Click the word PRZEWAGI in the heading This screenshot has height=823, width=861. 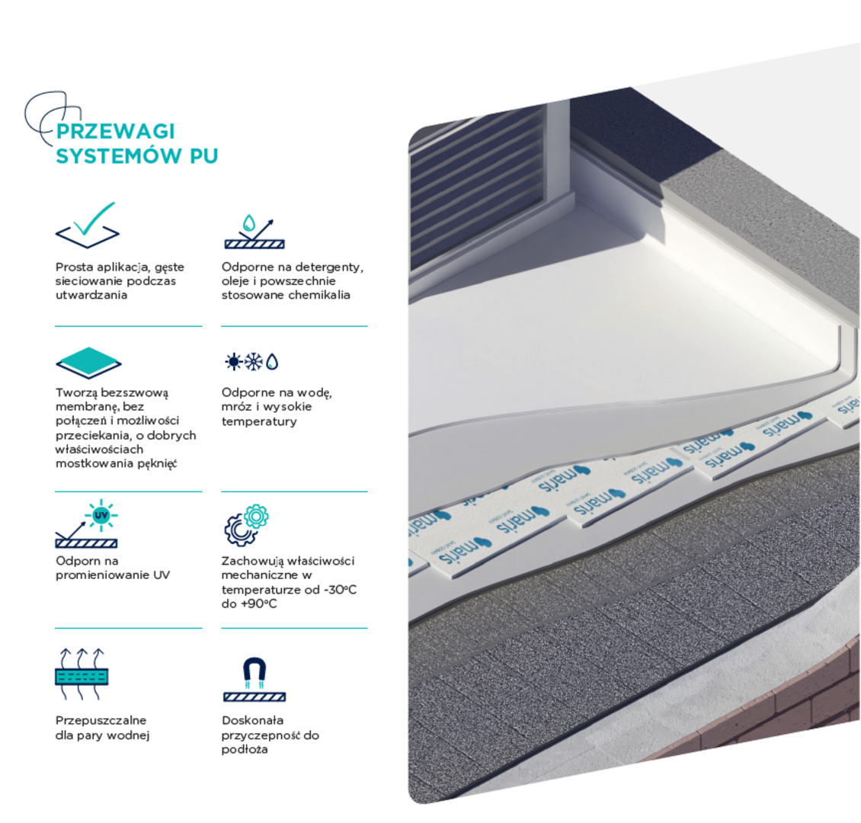pyautogui.click(x=115, y=131)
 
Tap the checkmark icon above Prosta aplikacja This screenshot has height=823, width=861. pyautogui.click(x=88, y=225)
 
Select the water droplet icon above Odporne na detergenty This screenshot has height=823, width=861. pyautogui.click(x=248, y=223)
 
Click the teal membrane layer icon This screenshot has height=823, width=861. pyautogui.click(x=88, y=363)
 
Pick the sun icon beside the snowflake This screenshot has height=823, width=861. pyautogui.click(x=233, y=362)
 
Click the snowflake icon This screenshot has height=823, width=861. pyautogui.click(x=254, y=362)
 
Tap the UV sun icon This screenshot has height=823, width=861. pyautogui.click(x=101, y=516)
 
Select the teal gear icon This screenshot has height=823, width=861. pyautogui.click(x=256, y=516)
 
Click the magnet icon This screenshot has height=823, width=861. pyautogui.click(x=254, y=671)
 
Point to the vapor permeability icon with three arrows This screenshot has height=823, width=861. pyautogui.click(x=82, y=674)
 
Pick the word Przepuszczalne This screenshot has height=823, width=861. pyautogui.click(x=101, y=721)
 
